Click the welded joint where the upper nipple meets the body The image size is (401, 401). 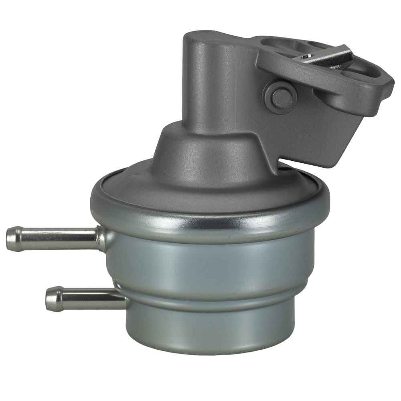pos(100,239)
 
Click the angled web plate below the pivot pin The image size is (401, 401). pos(313,132)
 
